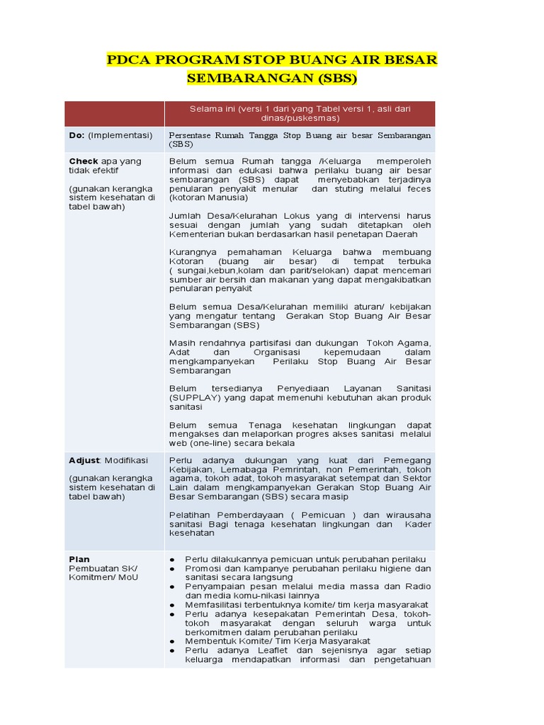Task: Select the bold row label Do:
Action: [x=76, y=135]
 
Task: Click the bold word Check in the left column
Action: [x=84, y=161]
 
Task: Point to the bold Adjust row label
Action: [x=85, y=460]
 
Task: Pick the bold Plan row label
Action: [x=79, y=559]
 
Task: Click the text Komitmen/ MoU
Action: [x=103, y=577]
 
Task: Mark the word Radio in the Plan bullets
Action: [x=417, y=586]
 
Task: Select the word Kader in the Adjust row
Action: [x=417, y=525]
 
